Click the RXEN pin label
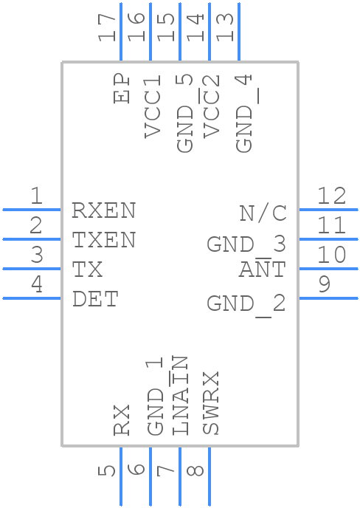(103, 210)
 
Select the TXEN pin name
(103, 240)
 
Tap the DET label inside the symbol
(95, 299)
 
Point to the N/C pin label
(263, 213)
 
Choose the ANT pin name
(263, 269)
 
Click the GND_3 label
(246, 244)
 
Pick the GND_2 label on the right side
(246, 304)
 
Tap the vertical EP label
(122, 89)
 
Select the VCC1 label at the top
(153, 106)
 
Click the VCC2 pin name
(211, 106)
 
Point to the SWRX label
(211, 402)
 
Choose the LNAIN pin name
(179, 395)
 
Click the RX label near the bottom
(122, 420)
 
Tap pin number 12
(331, 196)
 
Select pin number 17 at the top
(106, 27)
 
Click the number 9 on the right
(325, 284)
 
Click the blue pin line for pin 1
(32, 210)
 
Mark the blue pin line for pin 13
(239, 32)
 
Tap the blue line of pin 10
(328, 269)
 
